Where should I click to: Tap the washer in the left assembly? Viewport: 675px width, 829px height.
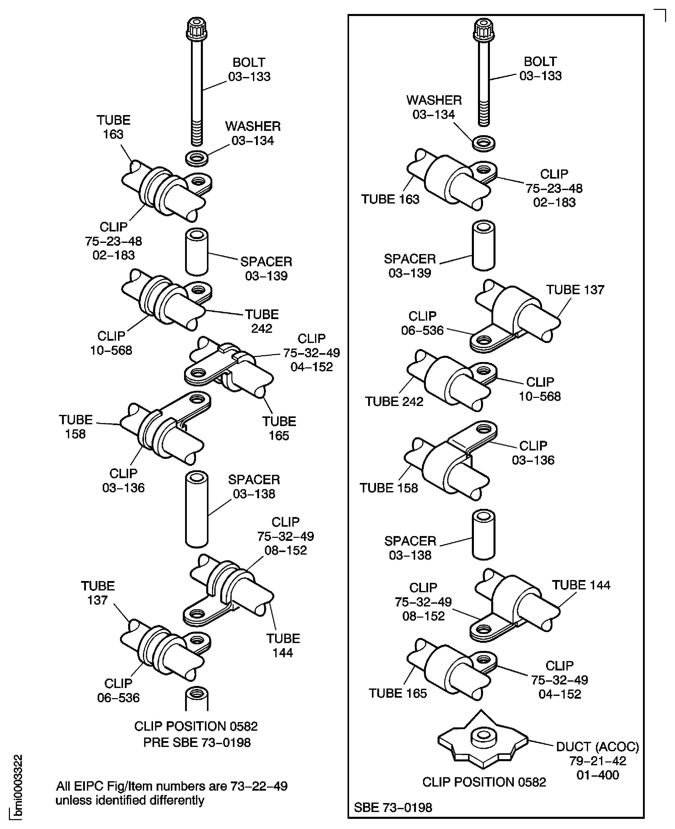196,159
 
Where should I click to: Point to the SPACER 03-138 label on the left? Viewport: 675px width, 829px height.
254,486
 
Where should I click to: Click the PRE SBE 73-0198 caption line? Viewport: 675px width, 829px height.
197,742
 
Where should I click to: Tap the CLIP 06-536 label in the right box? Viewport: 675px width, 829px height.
422,323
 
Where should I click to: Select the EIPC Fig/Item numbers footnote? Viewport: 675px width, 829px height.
171,793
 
